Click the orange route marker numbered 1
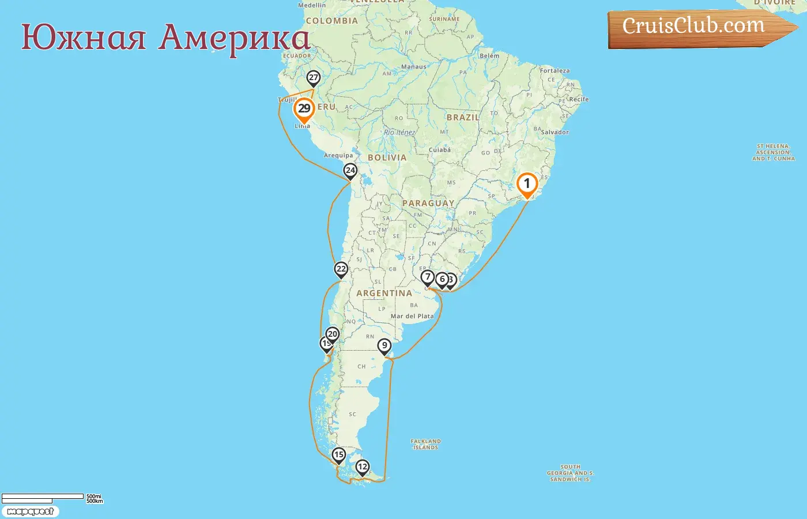(526, 185)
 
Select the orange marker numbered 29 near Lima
(304, 109)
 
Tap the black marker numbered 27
(313, 78)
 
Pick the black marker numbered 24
(350, 171)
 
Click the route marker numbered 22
(341, 269)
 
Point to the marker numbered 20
(333, 334)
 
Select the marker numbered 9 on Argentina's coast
(384, 346)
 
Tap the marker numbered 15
(338, 455)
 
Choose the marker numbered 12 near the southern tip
(362, 467)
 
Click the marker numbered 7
(427, 277)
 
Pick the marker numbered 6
(442, 280)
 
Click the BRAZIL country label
(463, 117)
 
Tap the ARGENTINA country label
(384, 294)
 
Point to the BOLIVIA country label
(387, 157)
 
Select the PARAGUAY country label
(428, 203)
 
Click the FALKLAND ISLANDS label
(426, 444)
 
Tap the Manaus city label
(414, 67)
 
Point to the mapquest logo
(30, 512)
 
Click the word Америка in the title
(235, 38)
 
